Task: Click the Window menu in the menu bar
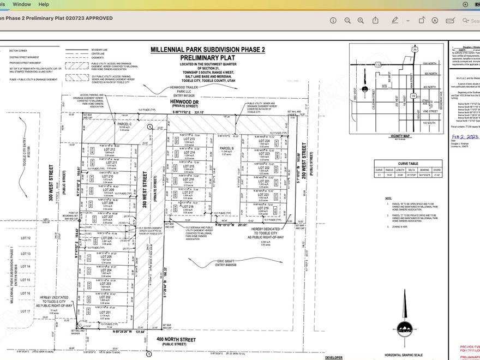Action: tap(22, 4)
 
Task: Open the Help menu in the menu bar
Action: tap(44, 4)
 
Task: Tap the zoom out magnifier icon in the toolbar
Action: tap(347, 20)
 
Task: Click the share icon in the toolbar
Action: tap(376, 20)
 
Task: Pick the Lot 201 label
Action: tap(104, 313)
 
